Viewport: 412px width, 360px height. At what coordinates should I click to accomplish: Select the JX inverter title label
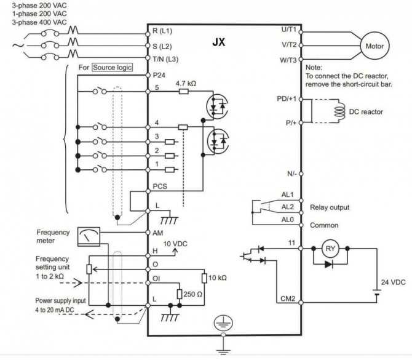tap(219, 42)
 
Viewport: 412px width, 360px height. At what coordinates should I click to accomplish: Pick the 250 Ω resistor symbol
tap(180, 294)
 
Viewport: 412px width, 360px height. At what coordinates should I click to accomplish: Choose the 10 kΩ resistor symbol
tap(204, 278)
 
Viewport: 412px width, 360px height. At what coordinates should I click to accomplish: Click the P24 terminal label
tap(159, 76)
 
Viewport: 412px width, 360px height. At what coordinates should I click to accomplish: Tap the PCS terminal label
tap(160, 186)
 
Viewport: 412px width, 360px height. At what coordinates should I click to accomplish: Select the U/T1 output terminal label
tap(289, 30)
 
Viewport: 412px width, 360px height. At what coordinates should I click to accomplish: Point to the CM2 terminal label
tap(288, 298)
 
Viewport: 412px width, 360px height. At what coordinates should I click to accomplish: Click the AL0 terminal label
tap(287, 220)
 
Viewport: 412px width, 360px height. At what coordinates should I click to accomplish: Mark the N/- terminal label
tap(291, 174)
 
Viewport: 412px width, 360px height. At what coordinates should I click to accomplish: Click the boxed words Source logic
tap(112, 67)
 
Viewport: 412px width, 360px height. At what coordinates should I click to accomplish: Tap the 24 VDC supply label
tap(394, 282)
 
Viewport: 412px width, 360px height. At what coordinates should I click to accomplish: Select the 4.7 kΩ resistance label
tap(186, 84)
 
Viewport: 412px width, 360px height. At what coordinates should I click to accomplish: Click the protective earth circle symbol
tap(223, 322)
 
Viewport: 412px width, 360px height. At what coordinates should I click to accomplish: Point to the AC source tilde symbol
tap(18, 46)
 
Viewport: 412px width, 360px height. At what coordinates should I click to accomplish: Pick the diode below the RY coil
tap(329, 264)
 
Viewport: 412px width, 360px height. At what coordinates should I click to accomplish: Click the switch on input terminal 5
tap(100, 90)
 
